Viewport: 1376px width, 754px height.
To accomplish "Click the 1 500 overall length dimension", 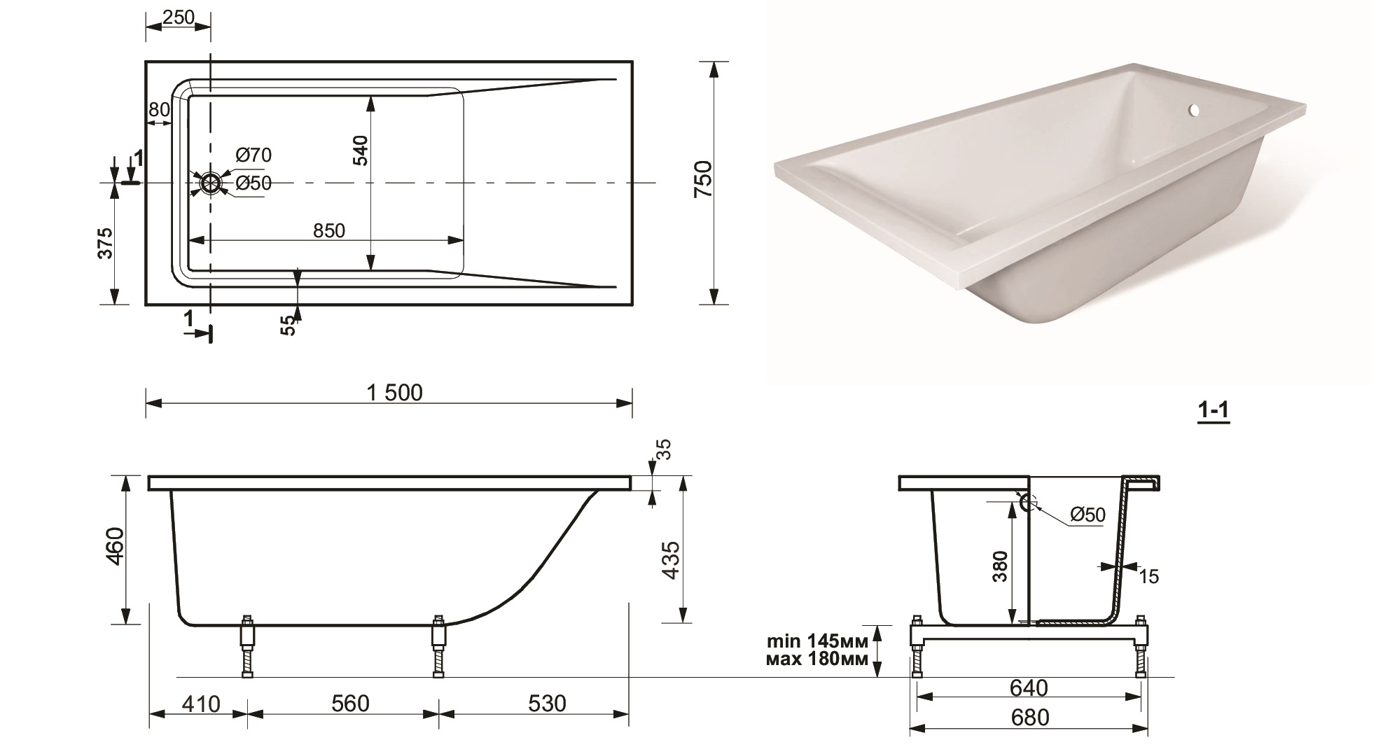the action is coord(394,393).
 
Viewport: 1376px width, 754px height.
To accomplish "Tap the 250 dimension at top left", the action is coord(178,18).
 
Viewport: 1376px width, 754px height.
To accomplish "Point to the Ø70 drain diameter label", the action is coord(253,155).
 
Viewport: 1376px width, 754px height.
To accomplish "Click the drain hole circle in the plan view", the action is coord(210,183).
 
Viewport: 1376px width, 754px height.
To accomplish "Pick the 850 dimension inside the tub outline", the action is coord(329,230).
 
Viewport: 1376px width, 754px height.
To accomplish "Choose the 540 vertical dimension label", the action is coord(360,151).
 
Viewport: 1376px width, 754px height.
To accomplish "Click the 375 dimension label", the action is coord(105,243).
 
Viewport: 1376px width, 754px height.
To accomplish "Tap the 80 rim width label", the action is coord(159,110).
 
